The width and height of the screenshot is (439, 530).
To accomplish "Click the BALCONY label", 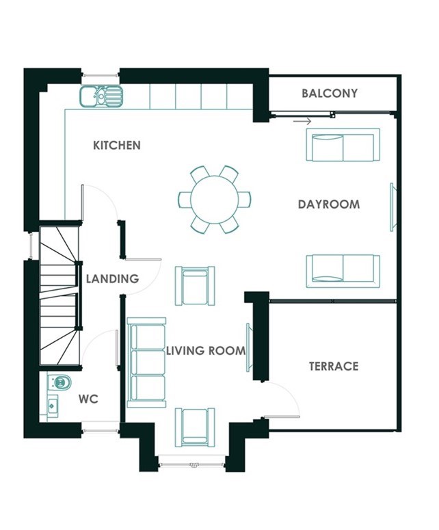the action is click(330, 93).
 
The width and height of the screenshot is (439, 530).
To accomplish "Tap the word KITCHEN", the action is click(117, 146).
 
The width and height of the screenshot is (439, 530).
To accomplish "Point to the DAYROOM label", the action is click(329, 204).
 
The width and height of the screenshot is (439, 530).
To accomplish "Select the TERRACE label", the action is click(334, 366).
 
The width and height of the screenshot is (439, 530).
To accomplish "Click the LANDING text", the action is click(113, 279).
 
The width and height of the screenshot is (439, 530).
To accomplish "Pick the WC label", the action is click(88, 399).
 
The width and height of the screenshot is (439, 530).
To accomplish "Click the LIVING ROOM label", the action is click(206, 351).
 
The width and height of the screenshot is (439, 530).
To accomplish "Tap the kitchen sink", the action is click(101, 96).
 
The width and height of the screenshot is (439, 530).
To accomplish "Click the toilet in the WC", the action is click(59, 382).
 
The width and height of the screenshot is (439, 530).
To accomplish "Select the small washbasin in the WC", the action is click(53, 405).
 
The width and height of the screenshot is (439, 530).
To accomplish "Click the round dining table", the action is click(214, 200).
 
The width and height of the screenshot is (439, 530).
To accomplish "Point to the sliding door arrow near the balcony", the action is click(302, 121).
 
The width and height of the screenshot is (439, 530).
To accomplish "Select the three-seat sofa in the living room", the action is click(146, 362).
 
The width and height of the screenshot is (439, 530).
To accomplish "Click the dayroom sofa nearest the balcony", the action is click(343, 145).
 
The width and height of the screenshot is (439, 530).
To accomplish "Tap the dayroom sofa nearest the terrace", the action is click(343, 271).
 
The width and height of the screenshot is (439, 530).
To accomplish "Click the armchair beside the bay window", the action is click(195, 427).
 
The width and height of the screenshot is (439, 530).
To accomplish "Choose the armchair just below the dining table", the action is click(195, 286).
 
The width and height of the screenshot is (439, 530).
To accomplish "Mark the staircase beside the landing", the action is click(60, 295).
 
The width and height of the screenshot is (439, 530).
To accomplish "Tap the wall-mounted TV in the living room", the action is click(249, 347).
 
